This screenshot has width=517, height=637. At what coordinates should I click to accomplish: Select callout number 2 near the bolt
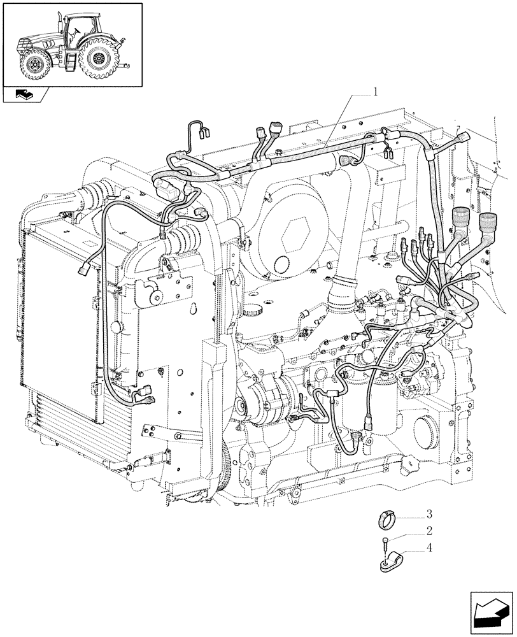coord(430,530)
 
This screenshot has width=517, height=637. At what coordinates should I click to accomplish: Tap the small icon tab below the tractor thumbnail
coord(25,96)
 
